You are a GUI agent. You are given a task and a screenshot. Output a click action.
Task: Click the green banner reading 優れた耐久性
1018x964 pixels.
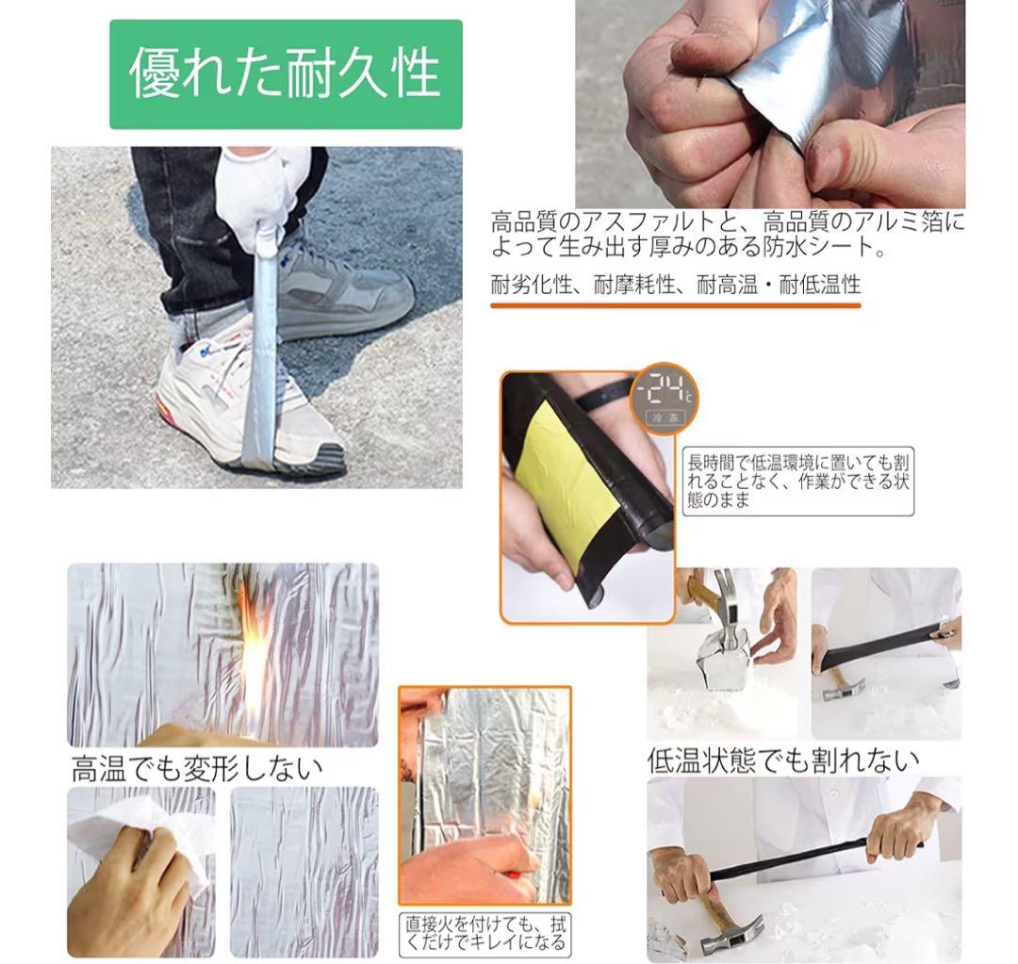[x=286, y=74]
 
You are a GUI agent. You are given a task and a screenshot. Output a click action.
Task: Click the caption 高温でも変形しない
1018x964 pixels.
[x=197, y=769]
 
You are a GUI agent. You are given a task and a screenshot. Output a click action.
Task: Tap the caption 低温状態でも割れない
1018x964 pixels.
[x=783, y=760]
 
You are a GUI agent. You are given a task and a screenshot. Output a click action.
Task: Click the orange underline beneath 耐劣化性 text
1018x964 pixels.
[x=675, y=305]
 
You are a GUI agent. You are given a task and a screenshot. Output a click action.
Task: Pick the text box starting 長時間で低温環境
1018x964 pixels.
[x=798, y=481]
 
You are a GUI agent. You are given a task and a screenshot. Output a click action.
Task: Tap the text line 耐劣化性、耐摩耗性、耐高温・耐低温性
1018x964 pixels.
[x=675, y=285]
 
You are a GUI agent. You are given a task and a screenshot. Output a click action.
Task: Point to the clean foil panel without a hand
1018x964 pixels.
[x=304, y=872]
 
